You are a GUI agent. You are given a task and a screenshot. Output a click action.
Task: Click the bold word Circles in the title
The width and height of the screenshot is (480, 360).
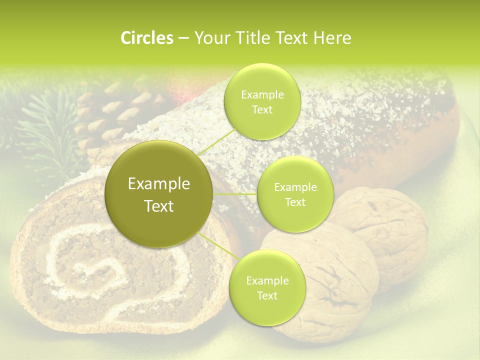pyautogui.click(x=146, y=38)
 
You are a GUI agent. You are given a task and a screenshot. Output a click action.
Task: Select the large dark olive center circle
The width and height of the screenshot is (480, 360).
pyautogui.click(x=159, y=194)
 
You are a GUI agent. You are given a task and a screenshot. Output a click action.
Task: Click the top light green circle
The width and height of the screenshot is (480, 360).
pyautogui.click(x=262, y=102)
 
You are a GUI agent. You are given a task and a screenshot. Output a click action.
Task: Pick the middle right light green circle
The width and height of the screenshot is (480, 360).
pyautogui.click(x=295, y=194)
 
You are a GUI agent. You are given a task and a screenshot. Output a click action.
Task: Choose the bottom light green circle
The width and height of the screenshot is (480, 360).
pyautogui.click(x=267, y=288)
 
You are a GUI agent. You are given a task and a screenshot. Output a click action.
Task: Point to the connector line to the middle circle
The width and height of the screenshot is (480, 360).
pyautogui.click(x=235, y=193)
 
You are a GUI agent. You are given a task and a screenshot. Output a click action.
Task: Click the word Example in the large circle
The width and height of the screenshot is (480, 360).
pyautogui.click(x=159, y=184)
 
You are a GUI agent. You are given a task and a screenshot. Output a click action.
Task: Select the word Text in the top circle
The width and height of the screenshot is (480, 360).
pyautogui.click(x=262, y=110)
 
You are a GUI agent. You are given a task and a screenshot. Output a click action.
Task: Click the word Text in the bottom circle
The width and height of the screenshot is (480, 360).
pyautogui.click(x=267, y=296)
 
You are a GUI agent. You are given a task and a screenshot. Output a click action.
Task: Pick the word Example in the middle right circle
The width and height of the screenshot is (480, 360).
pyautogui.click(x=295, y=187)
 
